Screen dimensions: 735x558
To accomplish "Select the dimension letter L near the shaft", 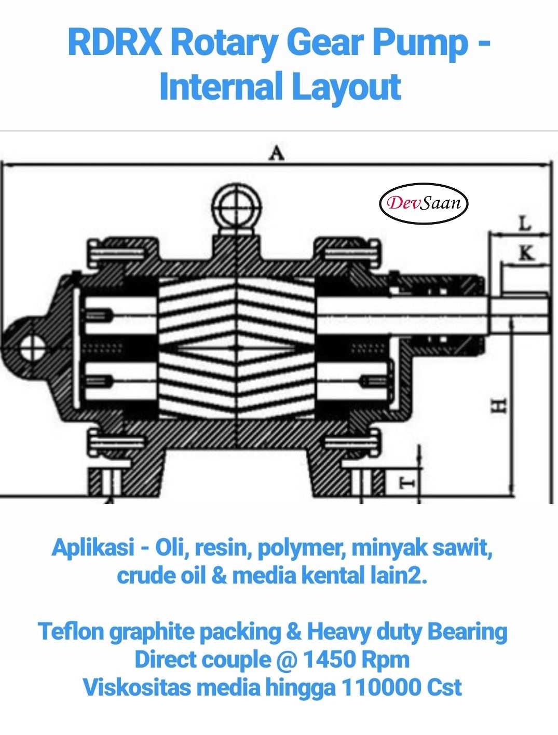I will coord(525,224).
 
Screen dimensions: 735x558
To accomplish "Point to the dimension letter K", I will coord(526,253).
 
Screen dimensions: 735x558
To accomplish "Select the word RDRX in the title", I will coord(115,43).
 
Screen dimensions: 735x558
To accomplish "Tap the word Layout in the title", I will coord(346,87).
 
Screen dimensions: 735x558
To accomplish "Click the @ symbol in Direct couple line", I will coord(286,660).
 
